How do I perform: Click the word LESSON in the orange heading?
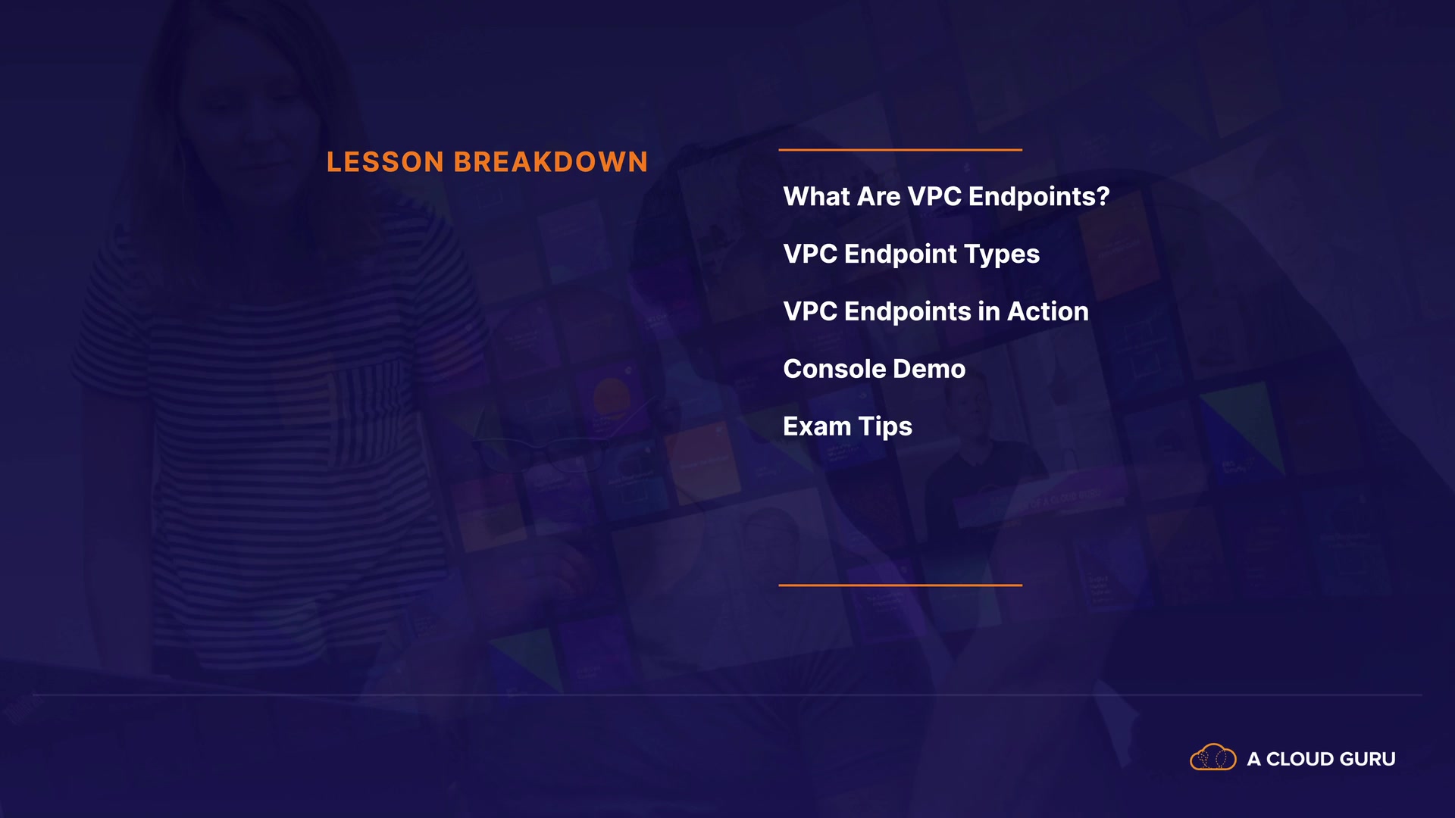coord(385,162)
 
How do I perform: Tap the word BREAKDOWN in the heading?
coord(551,162)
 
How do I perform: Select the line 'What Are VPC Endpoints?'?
coord(947,197)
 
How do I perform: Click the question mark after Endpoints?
coord(1103,197)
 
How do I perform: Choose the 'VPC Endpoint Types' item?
coord(912,255)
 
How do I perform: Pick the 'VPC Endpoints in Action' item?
coord(936,311)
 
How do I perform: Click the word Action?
coord(1048,311)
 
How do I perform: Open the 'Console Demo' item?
coord(875,369)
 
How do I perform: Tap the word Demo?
coord(929,369)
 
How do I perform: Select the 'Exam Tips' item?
coord(848,427)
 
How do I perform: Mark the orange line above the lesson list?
coord(900,150)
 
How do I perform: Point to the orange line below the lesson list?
coord(900,585)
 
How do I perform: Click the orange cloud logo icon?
coord(1213,757)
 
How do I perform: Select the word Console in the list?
coord(834,369)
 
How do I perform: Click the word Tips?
coord(885,427)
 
